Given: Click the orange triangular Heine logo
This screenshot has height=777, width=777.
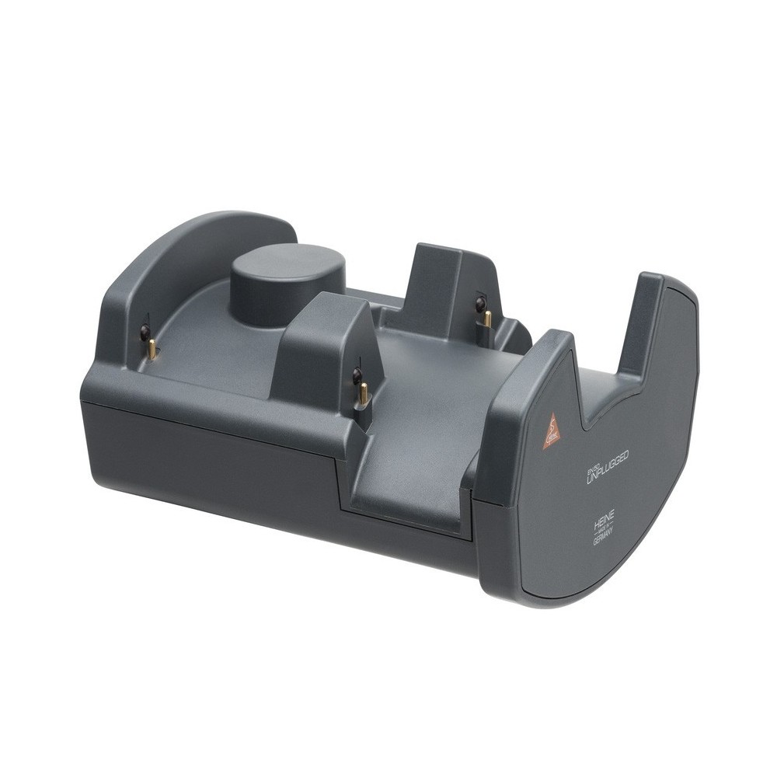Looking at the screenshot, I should pyautogui.click(x=552, y=430).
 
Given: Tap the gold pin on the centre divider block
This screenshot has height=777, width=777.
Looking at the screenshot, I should pyautogui.click(x=362, y=396).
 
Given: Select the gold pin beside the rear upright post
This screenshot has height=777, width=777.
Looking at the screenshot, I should pyautogui.click(x=487, y=318).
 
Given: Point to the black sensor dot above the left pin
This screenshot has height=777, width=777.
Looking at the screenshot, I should pyautogui.click(x=144, y=333).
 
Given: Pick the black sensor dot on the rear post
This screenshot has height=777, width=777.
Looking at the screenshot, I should pyautogui.click(x=481, y=301).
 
